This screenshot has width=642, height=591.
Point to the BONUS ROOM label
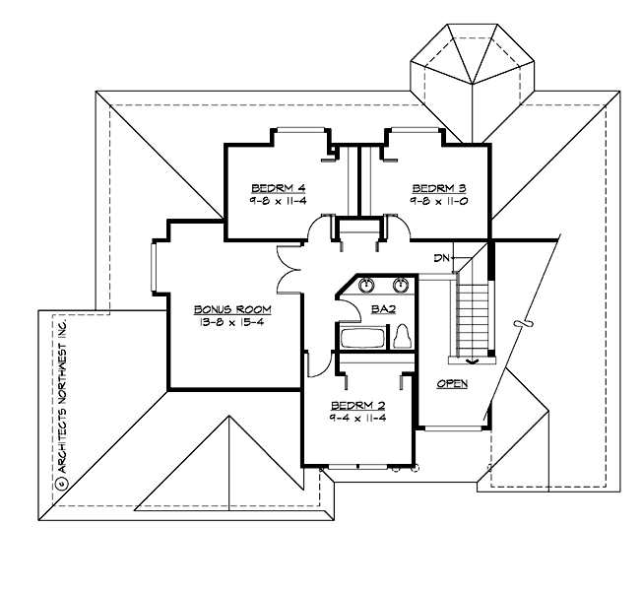pos(232,309)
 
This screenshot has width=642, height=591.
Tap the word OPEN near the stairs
pos(452,383)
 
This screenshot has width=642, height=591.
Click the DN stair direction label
pos(441,258)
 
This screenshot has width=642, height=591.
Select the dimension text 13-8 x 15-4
pos(232,322)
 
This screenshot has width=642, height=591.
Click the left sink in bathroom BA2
pos(367,287)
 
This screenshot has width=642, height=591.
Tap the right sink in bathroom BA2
pos(401,287)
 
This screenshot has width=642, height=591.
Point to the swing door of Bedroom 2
pos(316,363)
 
